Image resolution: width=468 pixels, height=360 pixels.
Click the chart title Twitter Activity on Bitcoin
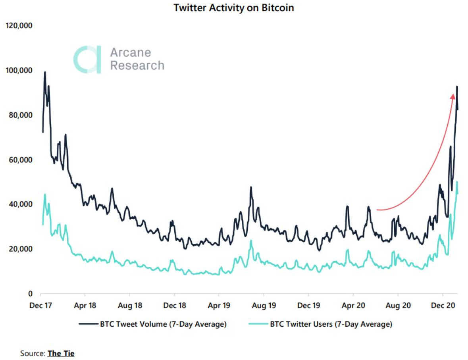pos(234,8)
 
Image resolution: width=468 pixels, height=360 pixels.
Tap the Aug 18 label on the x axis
pos(129,306)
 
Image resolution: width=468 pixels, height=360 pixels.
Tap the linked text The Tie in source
pos(61,353)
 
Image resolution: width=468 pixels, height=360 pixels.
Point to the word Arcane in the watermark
pos(131,52)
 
